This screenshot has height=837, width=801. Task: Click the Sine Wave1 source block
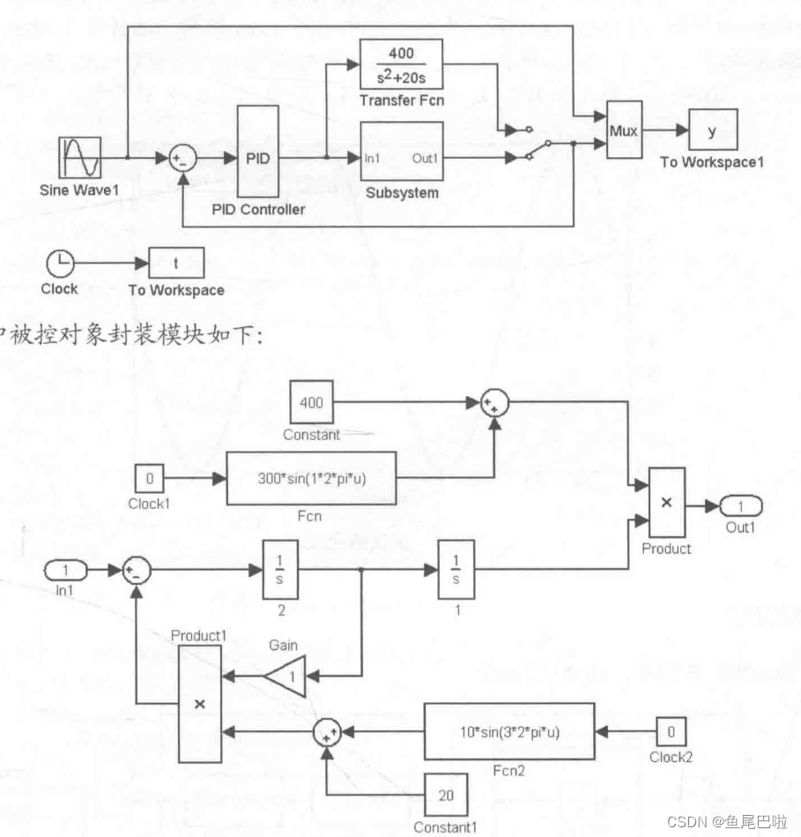tap(82, 159)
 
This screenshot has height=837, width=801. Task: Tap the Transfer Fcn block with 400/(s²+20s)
tap(401, 64)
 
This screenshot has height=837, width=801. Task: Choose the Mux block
tap(623, 131)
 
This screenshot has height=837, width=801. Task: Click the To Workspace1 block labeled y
tap(712, 131)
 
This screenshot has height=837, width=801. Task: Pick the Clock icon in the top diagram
tap(60, 262)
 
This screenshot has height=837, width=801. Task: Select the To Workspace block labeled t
tap(176, 262)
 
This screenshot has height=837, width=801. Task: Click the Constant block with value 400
tap(311, 403)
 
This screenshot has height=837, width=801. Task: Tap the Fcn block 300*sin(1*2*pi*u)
tap(312, 479)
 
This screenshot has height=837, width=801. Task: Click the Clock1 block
tap(150, 479)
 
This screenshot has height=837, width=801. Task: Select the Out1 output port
tap(740, 506)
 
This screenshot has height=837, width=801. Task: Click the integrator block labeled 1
tap(456, 571)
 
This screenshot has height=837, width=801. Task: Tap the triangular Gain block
tap(284, 676)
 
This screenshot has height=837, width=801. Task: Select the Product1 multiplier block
tap(199, 703)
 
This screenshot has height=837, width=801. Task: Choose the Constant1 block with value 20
tap(447, 795)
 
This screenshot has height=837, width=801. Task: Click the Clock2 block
tap(670, 731)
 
